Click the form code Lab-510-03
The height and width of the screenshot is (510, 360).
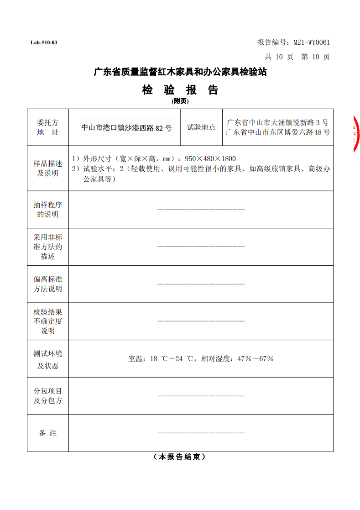point(44,43)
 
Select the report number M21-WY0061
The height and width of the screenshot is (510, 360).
point(312,42)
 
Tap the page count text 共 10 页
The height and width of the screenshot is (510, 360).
point(280,57)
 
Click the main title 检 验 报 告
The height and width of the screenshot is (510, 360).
point(180,90)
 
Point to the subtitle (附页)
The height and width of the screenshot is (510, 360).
point(180,101)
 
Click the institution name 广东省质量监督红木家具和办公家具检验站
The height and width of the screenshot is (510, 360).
point(180,72)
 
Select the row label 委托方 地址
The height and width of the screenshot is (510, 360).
point(48,127)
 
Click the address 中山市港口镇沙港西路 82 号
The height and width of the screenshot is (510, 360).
point(126,128)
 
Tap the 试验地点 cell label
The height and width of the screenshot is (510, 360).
point(201,127)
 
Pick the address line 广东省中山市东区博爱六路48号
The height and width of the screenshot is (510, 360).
point(277,132)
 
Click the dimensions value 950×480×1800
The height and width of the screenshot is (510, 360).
point(210,159)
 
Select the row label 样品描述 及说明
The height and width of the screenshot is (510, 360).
point(48,168)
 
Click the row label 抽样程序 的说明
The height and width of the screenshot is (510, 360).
point(48,210)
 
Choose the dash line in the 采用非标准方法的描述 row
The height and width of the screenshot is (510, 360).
point(201,247)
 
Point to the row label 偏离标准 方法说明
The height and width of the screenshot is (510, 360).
point(48,284)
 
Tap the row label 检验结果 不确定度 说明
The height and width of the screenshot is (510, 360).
point(48,321)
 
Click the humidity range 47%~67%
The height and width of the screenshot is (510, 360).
point(255,359)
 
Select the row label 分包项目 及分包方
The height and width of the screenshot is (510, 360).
point(48,396)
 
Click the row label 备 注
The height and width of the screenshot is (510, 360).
point(48,433)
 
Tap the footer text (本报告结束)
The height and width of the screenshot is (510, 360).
point(180,457)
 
